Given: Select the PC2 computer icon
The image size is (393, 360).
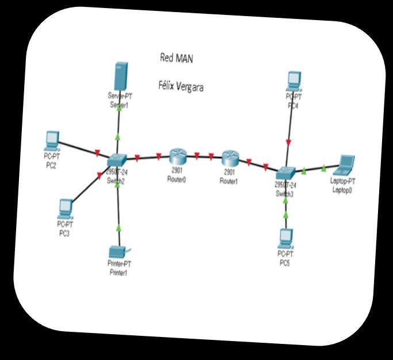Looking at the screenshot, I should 52,139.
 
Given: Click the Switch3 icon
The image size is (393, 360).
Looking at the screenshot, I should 285,173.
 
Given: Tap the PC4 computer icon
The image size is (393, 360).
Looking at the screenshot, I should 294,81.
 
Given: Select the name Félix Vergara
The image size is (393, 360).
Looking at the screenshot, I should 181,86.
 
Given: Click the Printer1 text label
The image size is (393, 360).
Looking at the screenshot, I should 118,269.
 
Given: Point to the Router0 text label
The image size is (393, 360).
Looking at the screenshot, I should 177,175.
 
